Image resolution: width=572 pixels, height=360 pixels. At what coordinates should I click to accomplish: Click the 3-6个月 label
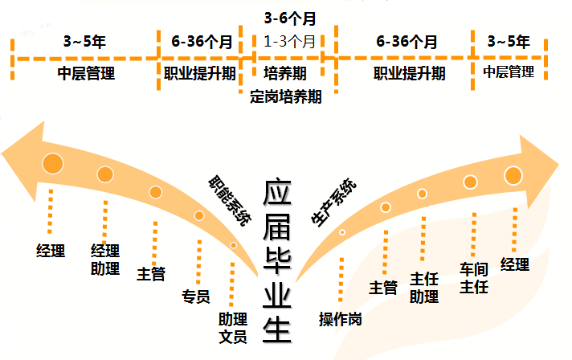tap(289, 15)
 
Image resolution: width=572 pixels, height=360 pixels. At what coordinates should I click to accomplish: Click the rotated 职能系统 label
tap(228, 197)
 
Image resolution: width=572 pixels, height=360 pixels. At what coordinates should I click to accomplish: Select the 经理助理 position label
tap(105, 258)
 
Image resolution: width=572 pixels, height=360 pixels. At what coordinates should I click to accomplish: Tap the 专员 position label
tap(197, 297)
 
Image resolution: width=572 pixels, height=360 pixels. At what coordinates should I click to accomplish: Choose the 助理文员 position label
tap(232, 327)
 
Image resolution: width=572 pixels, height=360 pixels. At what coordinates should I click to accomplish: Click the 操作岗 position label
tap(340, 318)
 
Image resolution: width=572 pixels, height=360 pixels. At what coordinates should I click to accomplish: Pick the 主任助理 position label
tap(424, 287)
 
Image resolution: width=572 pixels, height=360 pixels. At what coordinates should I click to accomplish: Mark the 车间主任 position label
tap(474, 278)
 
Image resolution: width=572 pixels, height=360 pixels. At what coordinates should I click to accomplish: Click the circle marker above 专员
tap(199, 215)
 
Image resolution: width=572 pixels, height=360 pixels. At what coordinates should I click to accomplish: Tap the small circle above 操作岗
tap(342, 232)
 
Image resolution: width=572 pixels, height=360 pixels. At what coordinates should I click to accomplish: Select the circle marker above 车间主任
tap(469, 182)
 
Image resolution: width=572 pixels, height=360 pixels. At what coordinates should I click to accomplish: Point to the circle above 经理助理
tap(104, 174)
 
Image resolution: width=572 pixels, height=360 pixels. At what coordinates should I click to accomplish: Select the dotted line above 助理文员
tap(232, 281)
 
